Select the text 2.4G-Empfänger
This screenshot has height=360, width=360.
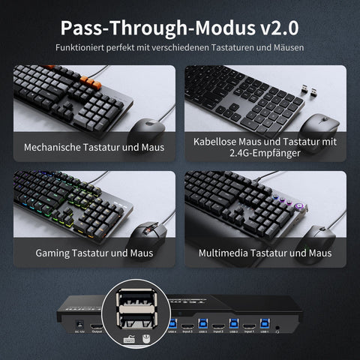click(265, 153)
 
